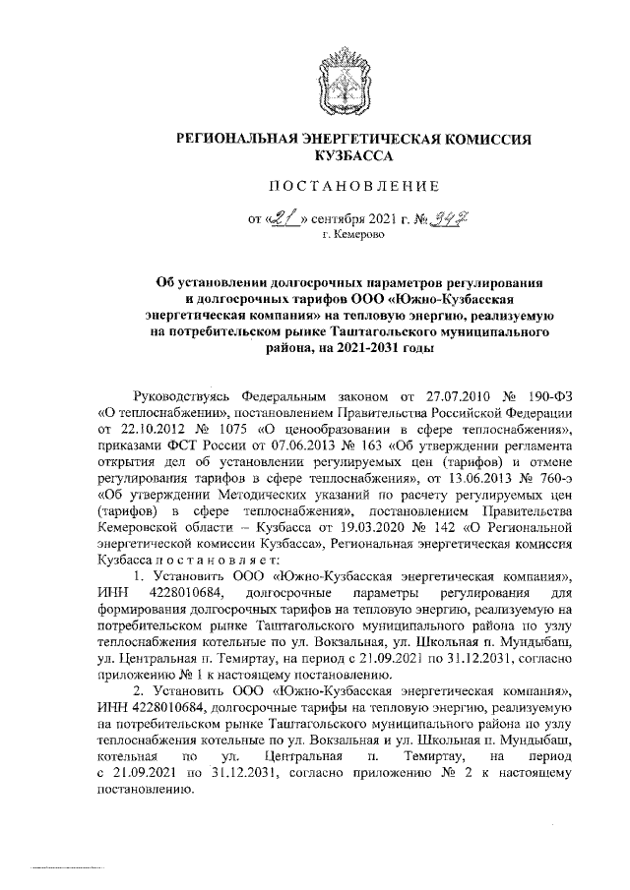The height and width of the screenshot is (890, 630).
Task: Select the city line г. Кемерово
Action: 353,236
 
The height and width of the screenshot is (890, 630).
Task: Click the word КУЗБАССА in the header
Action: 353,155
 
